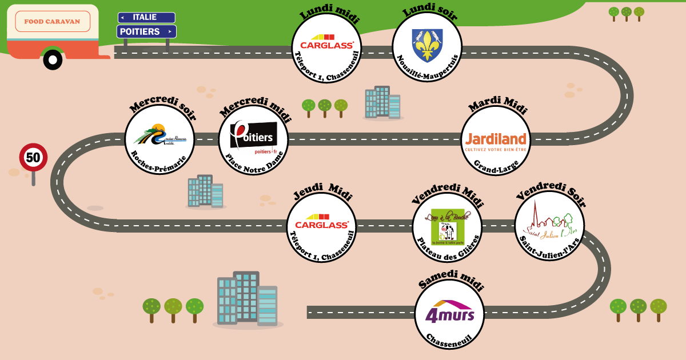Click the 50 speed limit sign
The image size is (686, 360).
(x=33, y=157)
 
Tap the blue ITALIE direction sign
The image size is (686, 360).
(x=146, y=18)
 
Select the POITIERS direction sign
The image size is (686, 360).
(x=146, y=31)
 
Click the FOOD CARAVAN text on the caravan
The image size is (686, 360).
(x=52, y=21)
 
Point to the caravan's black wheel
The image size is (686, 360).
(x=53, y=59)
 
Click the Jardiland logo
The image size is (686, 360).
(x=496, y=139)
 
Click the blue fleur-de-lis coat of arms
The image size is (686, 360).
(x=426, y=45)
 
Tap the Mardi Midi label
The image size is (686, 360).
(x=497, y=105)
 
